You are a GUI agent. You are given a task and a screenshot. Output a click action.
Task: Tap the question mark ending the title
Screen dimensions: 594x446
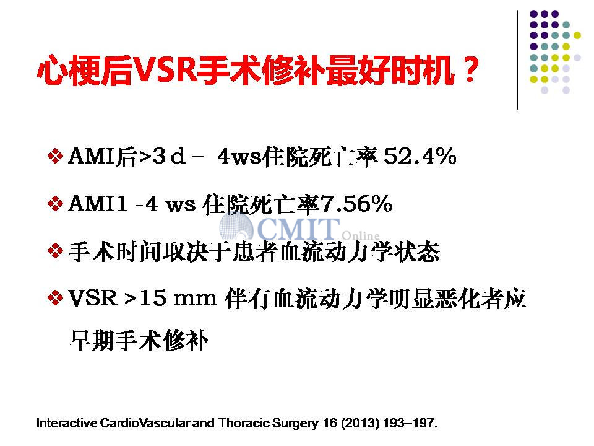tap(470, 69)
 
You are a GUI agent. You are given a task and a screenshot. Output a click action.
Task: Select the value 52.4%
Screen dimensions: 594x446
tap(420, 156)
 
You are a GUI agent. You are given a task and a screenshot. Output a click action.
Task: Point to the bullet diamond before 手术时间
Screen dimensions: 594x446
tap(55, 251)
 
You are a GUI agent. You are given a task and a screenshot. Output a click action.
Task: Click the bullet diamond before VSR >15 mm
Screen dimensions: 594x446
tap(55, 298)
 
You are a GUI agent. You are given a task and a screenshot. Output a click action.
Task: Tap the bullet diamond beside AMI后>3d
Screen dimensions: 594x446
tap(55, 156)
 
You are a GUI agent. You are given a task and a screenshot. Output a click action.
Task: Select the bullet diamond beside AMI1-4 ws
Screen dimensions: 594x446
tap(55, 204)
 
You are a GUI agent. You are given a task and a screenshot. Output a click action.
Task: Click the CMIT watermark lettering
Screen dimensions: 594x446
tap(298, 229)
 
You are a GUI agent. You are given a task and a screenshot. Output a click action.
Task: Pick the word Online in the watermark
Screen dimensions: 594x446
tap(361, 235)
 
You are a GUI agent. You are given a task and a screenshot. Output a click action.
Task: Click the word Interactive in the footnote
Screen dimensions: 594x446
tap(66, 423)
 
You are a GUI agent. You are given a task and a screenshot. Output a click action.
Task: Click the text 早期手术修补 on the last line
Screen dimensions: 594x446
tap(139, 340)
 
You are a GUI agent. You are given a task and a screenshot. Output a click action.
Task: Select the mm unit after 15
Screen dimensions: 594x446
tap(195, 300)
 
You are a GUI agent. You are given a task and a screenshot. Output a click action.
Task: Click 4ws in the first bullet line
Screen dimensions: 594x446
tap(239, 157)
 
